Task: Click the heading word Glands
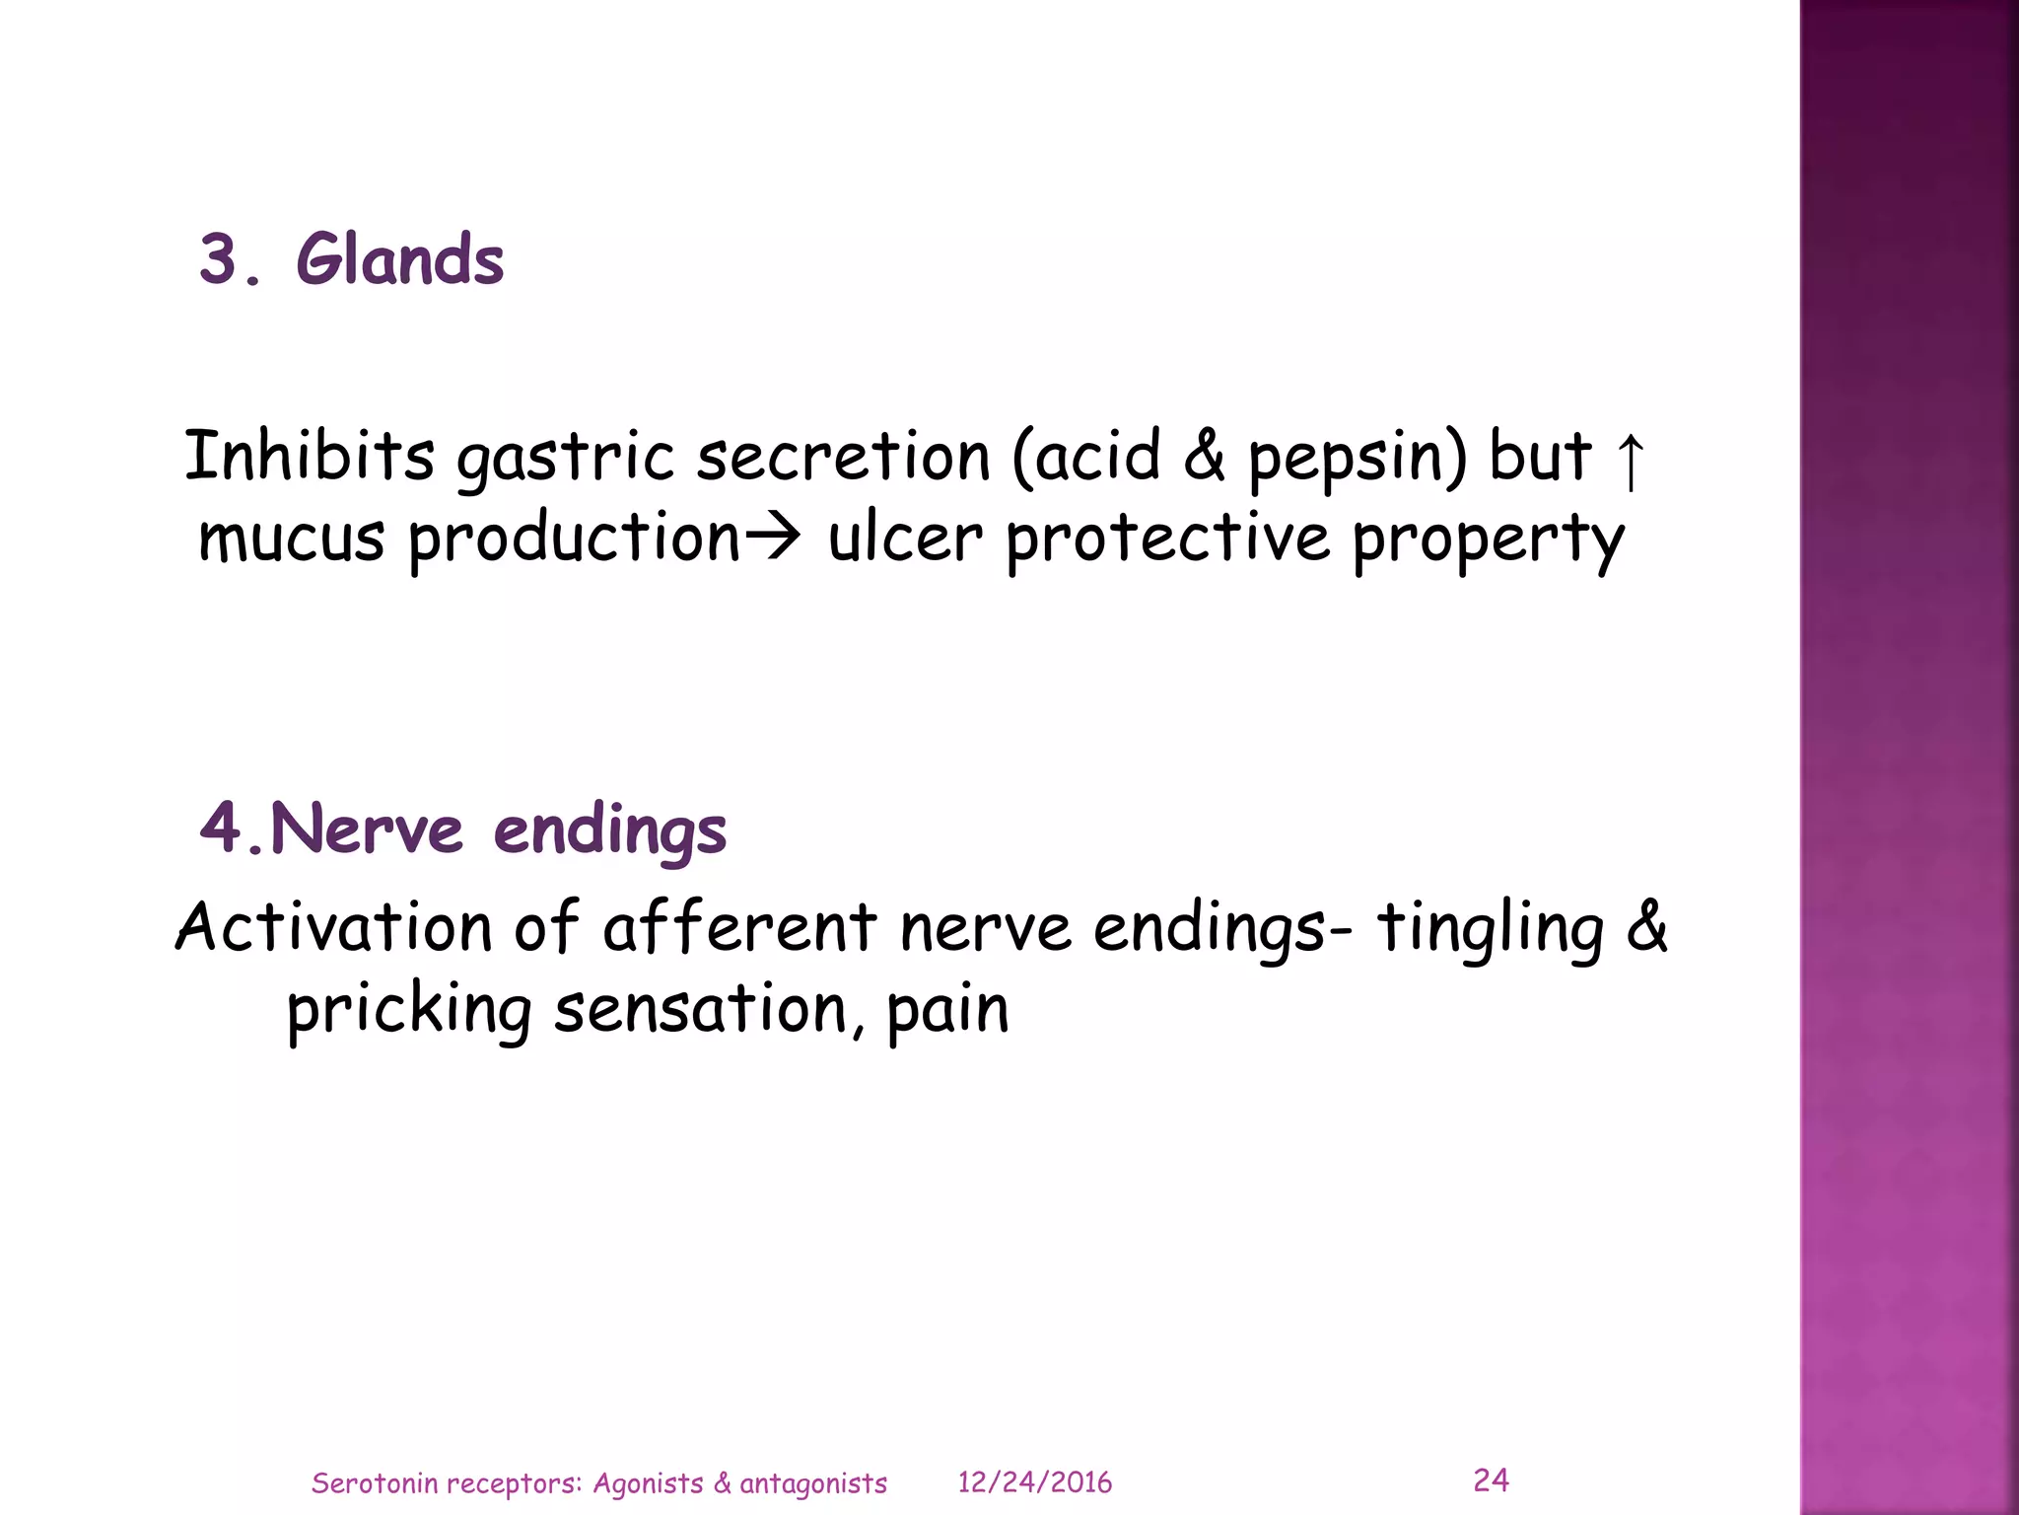click(x=399, y=259)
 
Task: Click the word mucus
click(x=291, y=539)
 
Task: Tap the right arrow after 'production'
click(x=772, y=539)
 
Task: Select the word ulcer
click(x=905, y=539)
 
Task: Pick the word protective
click(x=1167, y=539)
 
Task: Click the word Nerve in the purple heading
click(x=366, y=828)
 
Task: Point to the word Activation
click(x=333, y=927)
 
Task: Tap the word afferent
click(x=739, y=927)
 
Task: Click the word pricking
click(x=409, y=1012)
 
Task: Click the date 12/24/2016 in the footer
click(x=1034, y=1482)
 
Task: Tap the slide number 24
click(x=1491, y=1479)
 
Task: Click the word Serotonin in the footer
click(x=374, y=1483)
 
